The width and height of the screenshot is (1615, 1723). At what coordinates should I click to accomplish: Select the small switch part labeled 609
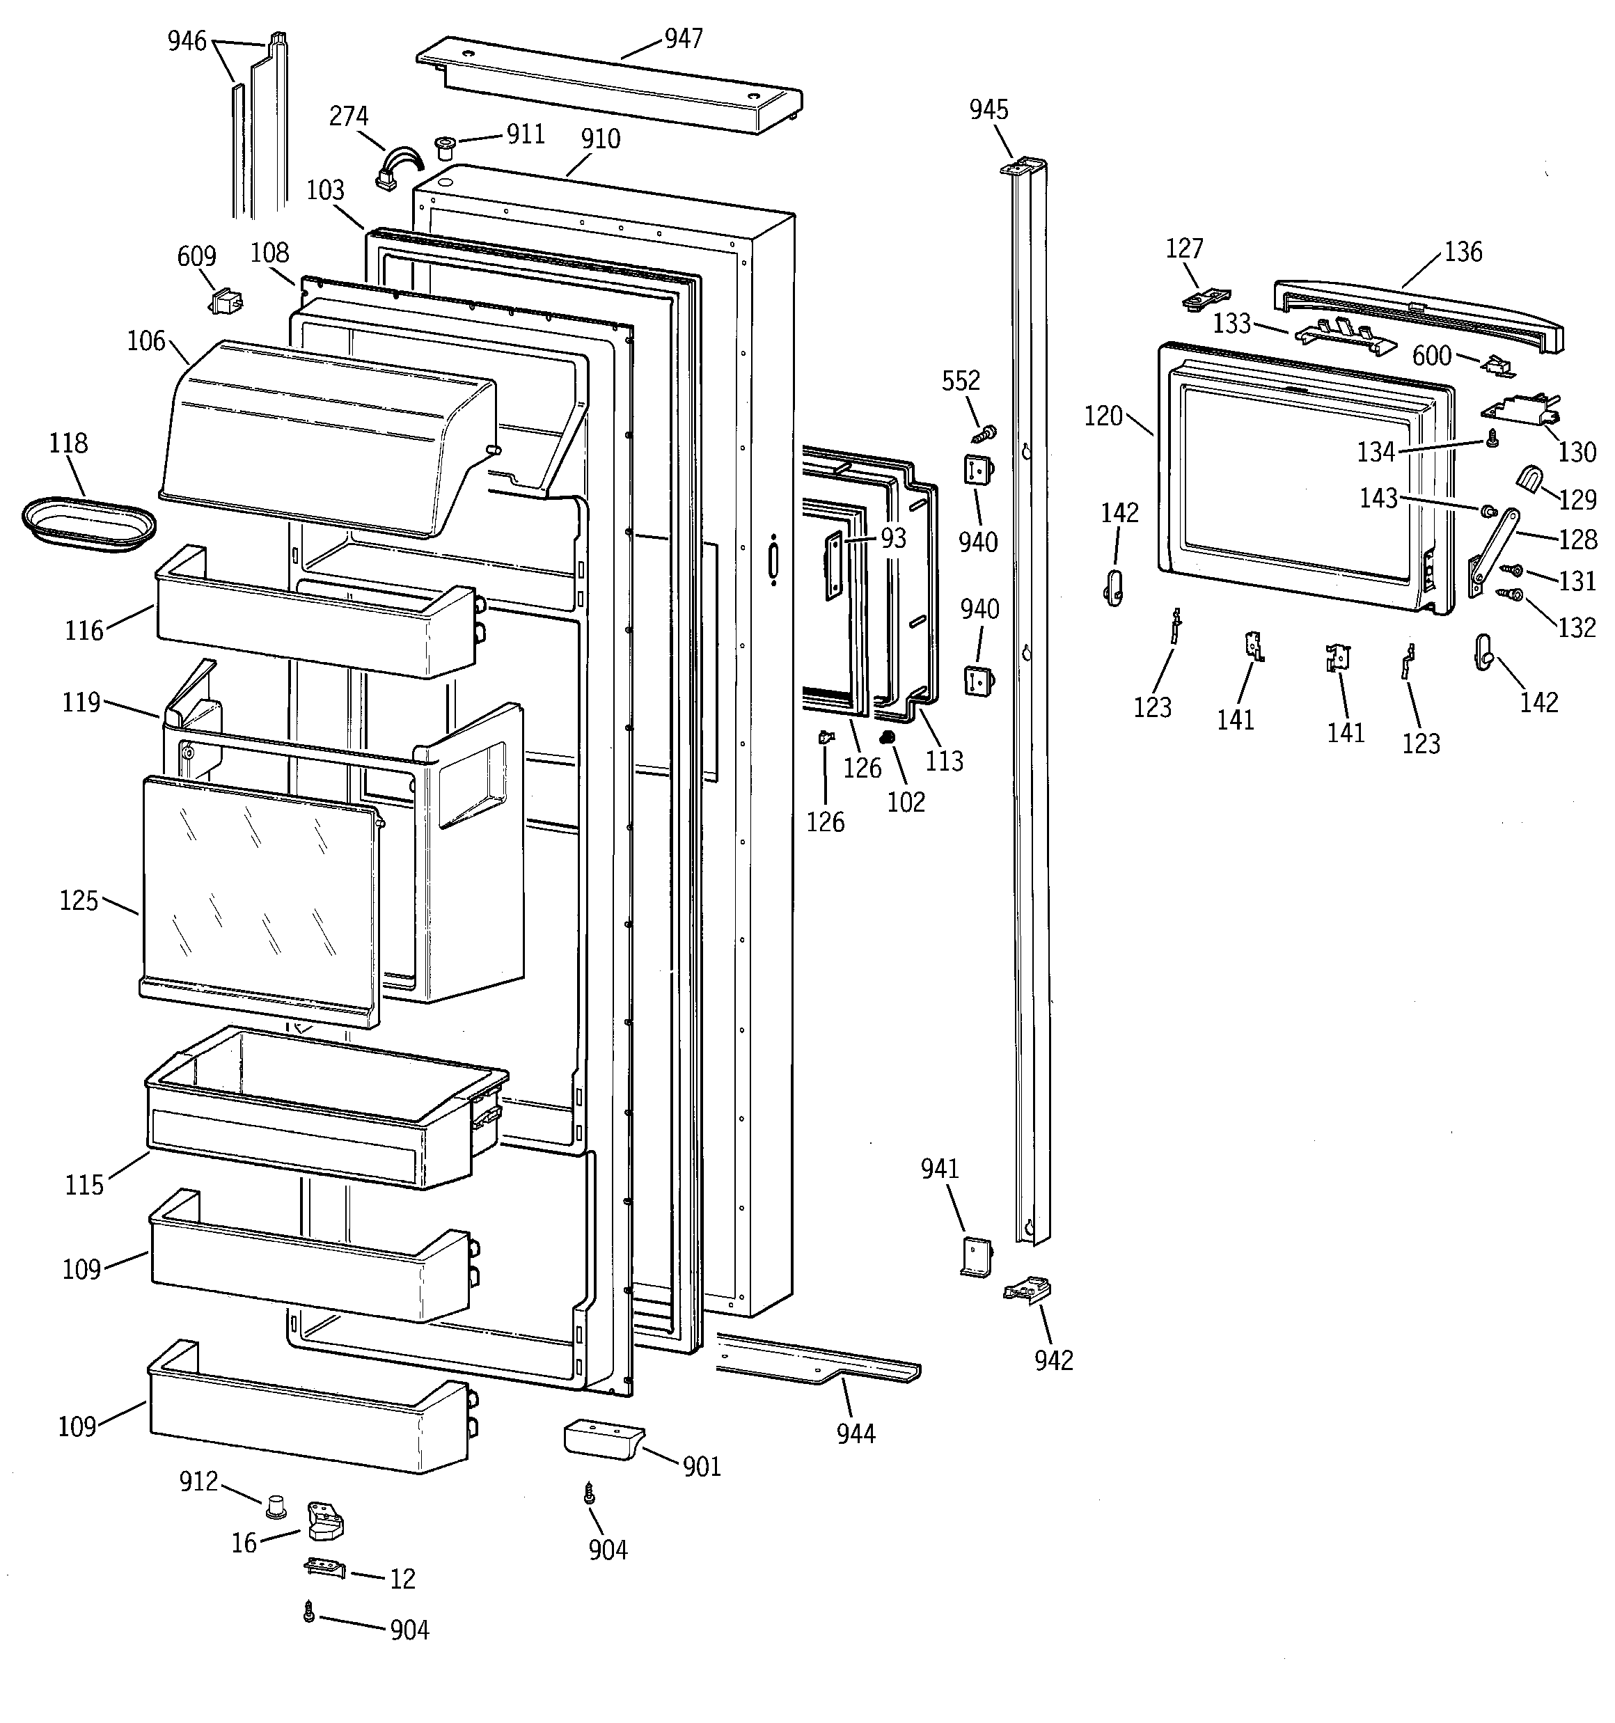[x=226, y=301]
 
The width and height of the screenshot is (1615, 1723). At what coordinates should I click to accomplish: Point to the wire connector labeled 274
[x=397, y=168]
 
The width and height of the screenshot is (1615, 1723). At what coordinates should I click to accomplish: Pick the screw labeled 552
[x=985, y=432]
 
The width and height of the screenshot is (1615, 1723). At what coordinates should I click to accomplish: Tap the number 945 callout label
[x=988, y=109]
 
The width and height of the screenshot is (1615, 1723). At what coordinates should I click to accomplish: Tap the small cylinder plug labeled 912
[x=276, y=1506]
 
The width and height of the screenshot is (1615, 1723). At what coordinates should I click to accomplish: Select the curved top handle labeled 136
[x=1417, y=315]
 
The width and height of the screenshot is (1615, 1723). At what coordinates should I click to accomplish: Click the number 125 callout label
[x=78, y=901]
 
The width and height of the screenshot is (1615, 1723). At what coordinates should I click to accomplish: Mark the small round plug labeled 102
[x=887, y=737]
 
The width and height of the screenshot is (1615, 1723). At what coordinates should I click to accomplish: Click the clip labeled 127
[x=1206, y=297]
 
